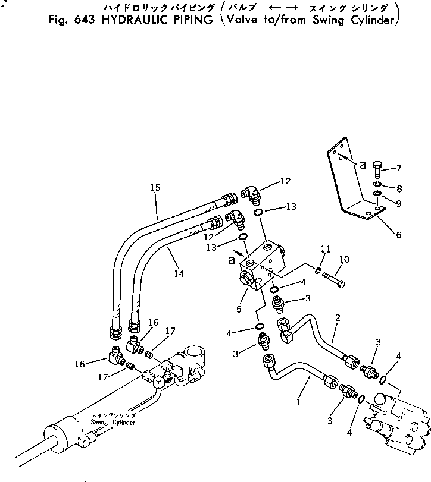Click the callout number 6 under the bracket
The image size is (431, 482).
point(398,235)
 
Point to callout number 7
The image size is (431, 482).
point(399,168)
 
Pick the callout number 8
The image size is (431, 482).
point(399,189)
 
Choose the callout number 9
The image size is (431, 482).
point(399,204)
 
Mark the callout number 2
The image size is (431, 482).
point(337,318)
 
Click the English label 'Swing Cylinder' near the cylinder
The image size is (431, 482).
point(113,422)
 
